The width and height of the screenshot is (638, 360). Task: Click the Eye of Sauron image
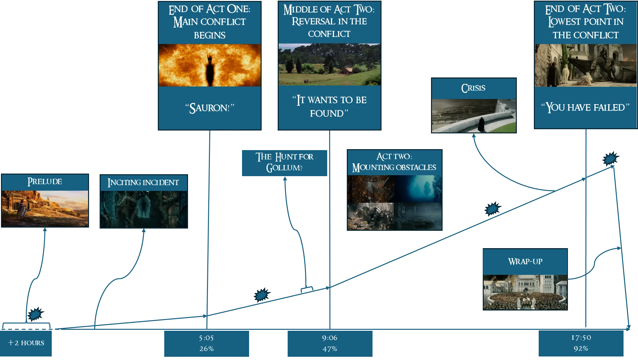pos(210,65)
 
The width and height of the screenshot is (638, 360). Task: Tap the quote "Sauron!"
pos(210,108)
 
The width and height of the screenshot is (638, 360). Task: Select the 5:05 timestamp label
pos(206,338)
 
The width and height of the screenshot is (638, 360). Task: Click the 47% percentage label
pos(330,349)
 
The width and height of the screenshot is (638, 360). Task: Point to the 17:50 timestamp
pos(581,337)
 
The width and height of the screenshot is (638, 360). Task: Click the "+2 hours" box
pos(26,343)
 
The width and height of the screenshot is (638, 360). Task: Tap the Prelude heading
pos(45,182)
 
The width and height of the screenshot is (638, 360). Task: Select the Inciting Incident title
pos(143,183)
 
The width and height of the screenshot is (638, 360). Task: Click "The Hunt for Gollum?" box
pos(284,163)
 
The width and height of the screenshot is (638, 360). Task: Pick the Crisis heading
pos(473,88)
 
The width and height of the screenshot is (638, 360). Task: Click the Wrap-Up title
pos(525,262)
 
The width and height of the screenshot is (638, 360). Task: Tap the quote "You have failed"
pos(586,107)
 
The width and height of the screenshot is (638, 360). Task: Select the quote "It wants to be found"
pos(329,106)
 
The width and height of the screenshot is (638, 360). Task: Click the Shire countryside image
pos(329,65)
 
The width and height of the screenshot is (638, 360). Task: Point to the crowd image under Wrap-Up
pos(525,292)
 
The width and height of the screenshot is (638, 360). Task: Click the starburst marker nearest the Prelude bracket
pos(36,314)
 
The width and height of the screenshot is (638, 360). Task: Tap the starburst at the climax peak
pos(611,158)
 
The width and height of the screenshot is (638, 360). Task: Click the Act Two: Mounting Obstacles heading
pos(394,162)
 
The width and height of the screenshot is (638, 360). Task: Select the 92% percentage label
pos(581,348)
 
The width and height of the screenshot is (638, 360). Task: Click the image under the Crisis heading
pos(474,116)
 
